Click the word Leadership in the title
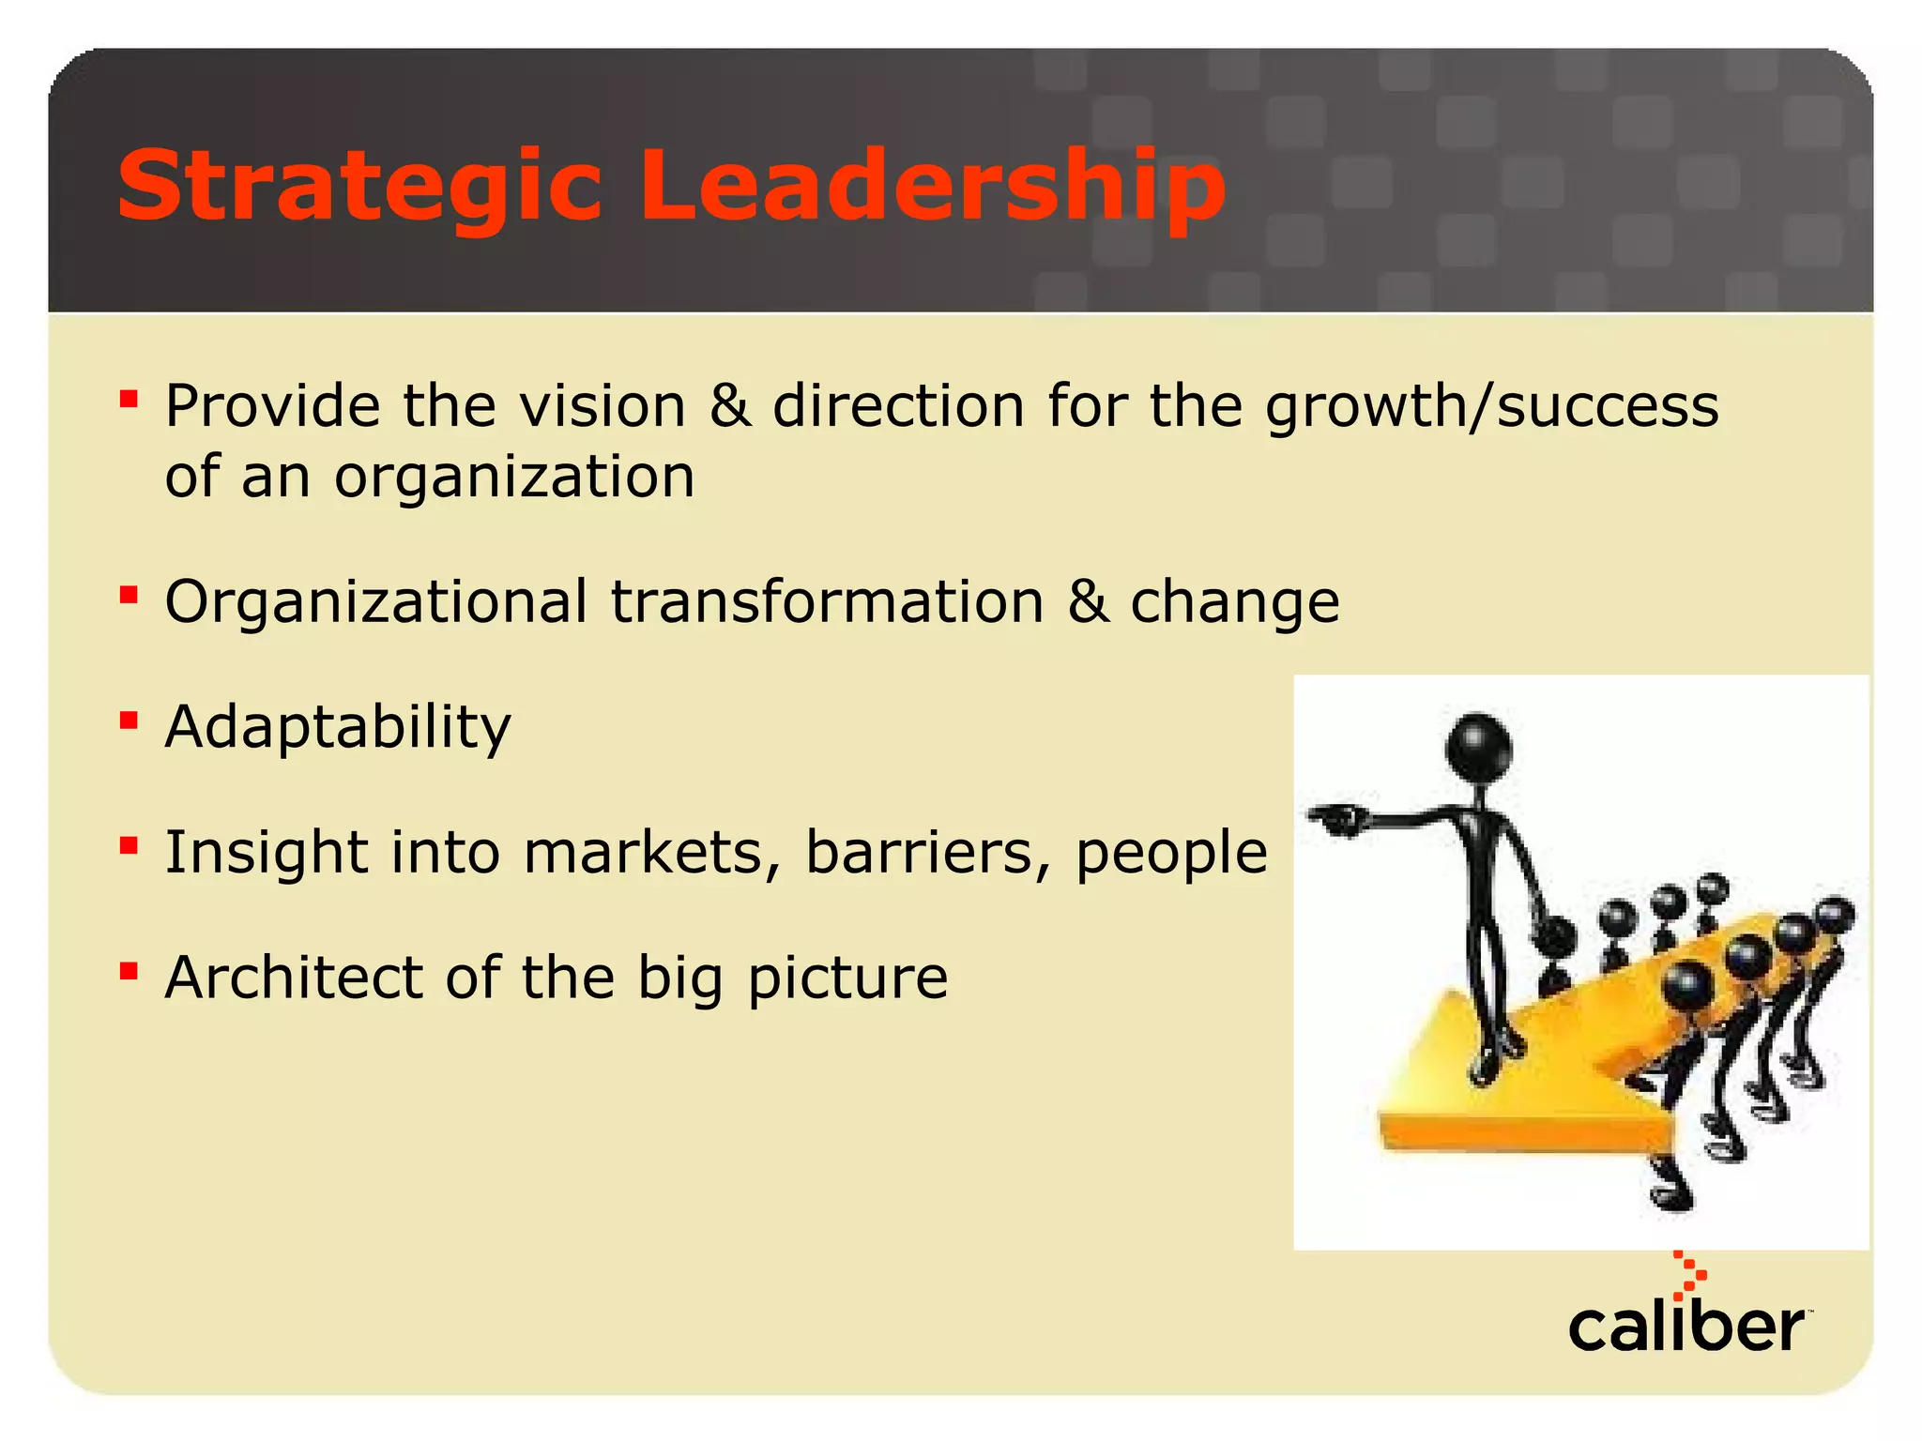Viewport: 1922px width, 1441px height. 933,188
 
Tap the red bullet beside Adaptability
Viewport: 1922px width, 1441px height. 129,720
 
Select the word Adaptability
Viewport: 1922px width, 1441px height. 338,728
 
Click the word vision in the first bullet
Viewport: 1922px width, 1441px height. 603,406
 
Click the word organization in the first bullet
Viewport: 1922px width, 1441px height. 514,478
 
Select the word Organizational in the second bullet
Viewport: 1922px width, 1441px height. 376,602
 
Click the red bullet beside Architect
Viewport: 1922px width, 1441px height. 129,970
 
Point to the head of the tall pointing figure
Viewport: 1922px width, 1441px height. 1478,746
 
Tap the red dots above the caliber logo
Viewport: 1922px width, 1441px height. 1689,1275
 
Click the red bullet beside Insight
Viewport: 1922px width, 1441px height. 129,846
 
